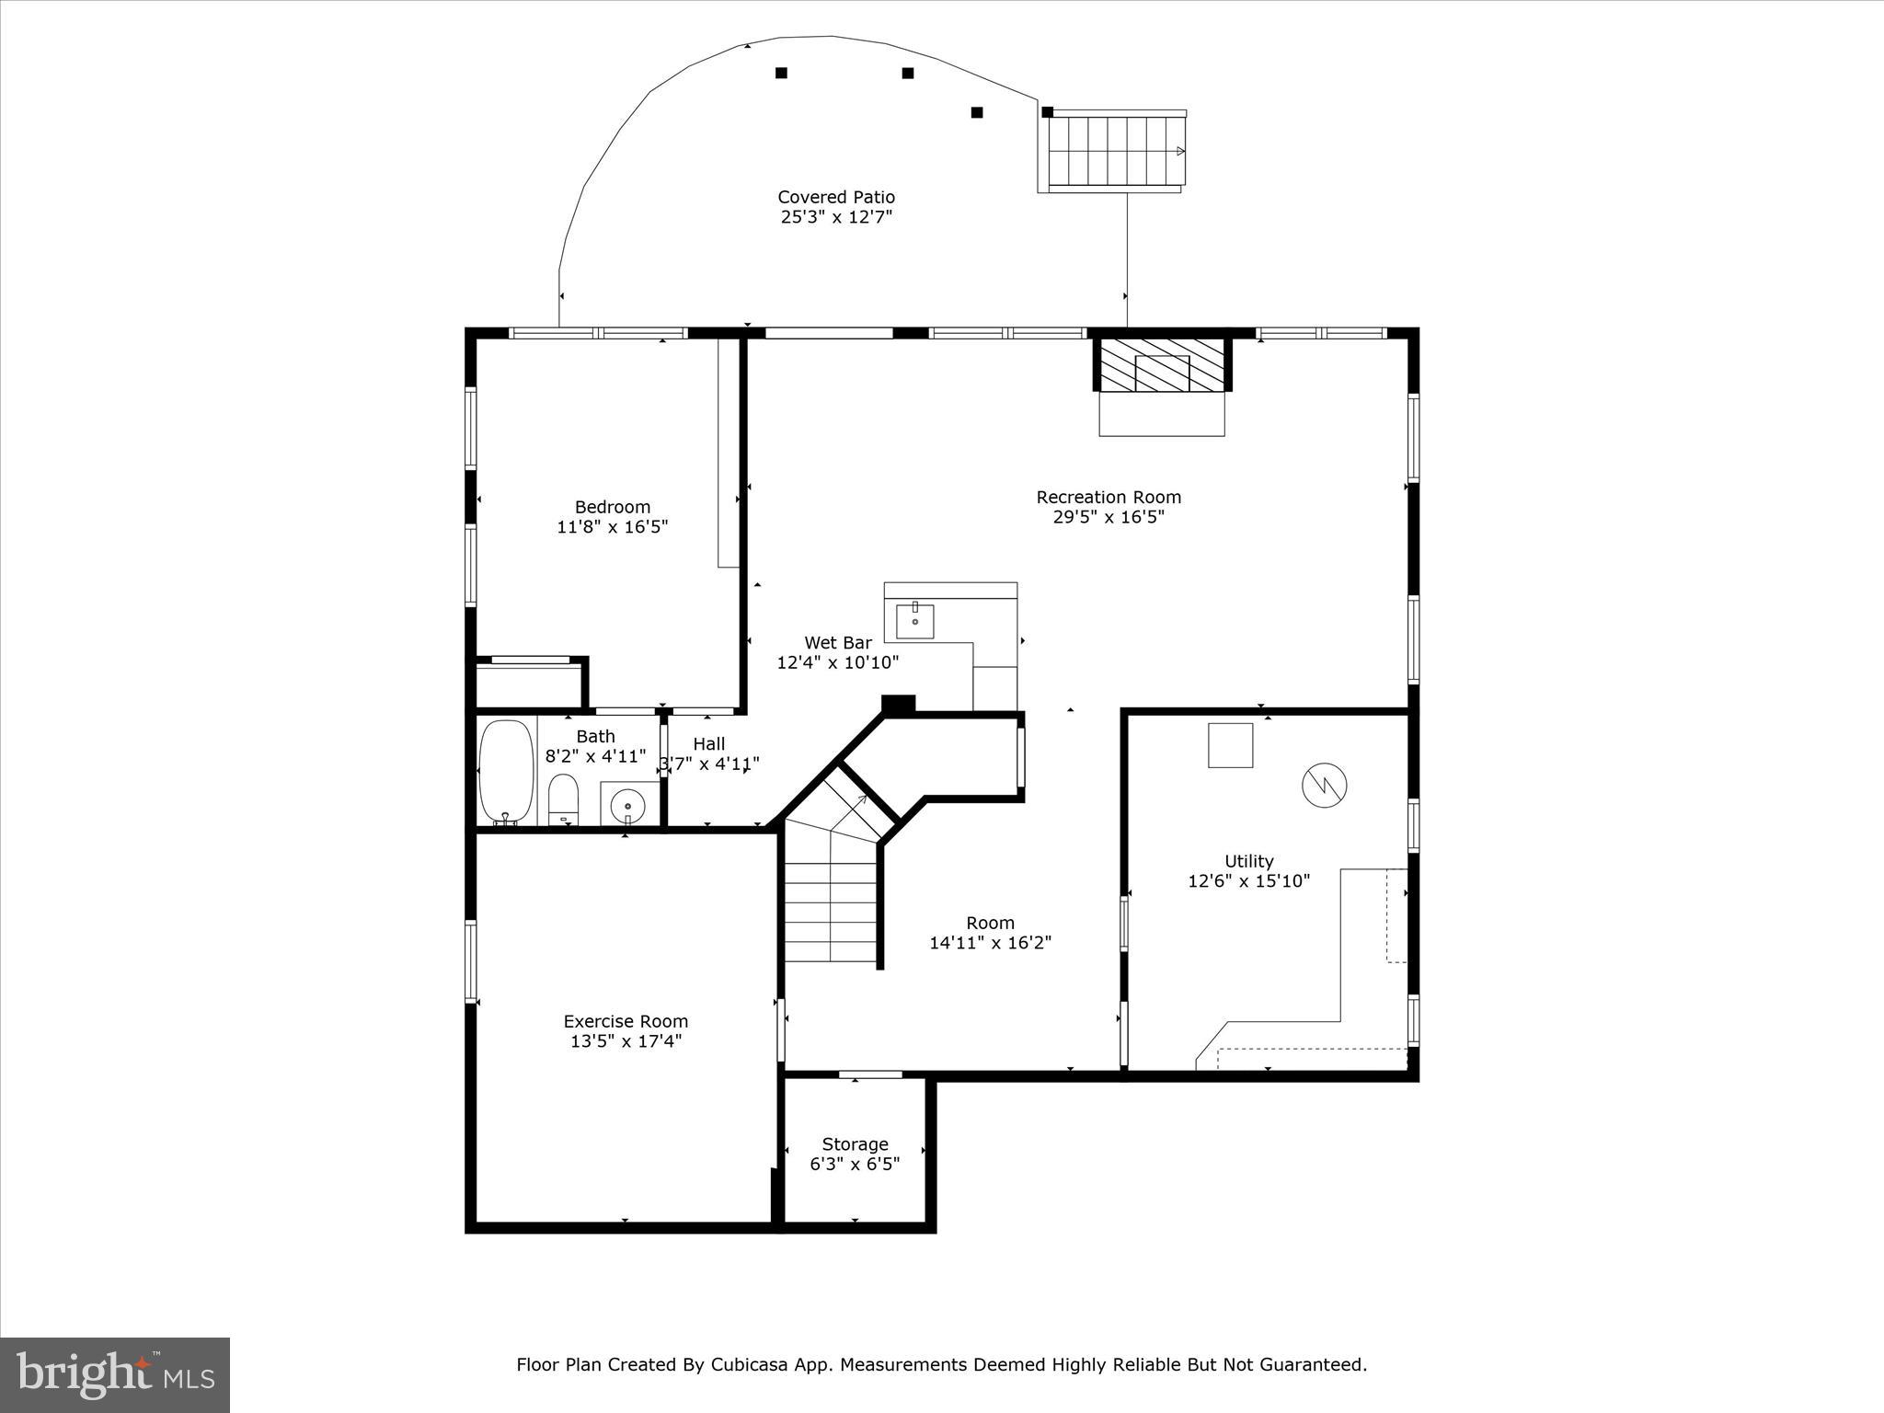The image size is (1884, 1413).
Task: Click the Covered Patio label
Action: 835,197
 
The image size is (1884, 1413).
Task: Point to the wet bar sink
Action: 915,621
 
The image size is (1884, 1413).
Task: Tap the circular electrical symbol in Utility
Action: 1324,785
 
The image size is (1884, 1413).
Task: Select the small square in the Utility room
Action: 1230,745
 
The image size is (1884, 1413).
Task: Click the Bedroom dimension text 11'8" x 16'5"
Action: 612,527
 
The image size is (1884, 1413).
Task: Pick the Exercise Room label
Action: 626,1021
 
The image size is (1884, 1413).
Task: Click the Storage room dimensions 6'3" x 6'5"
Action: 855,1164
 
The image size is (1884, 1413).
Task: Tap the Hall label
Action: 708,744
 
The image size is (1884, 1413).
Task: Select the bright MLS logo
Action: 115,1374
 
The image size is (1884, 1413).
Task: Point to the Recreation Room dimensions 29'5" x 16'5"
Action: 1109,517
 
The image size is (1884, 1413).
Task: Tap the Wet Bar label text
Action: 837,643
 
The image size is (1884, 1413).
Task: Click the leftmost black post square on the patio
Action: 781,73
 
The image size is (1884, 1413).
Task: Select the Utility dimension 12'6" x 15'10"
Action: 1248,881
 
